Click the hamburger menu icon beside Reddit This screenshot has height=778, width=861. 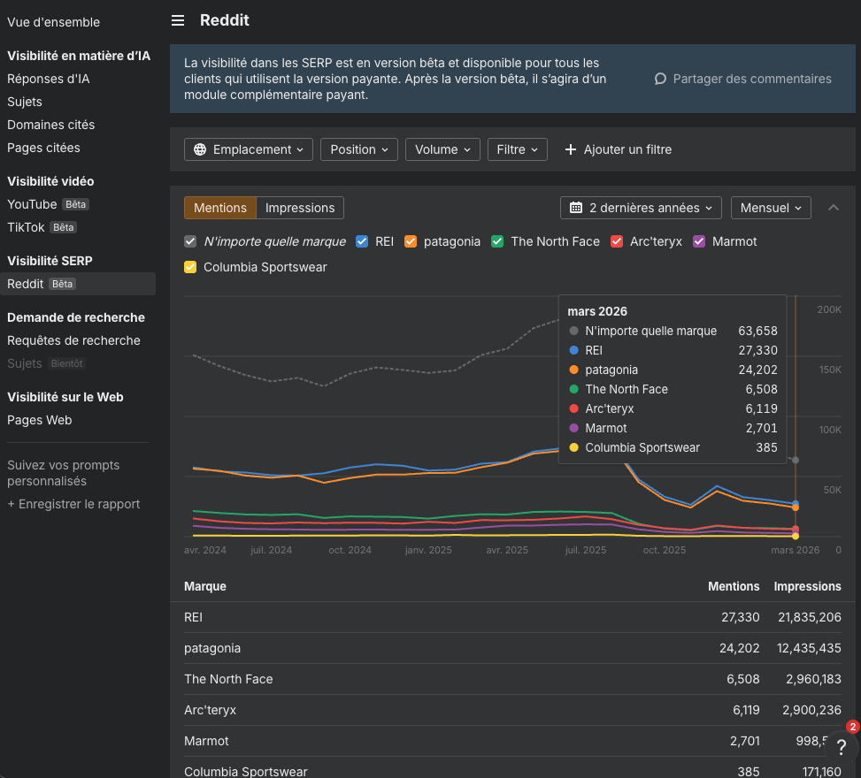pyautogui.click(x=178, y=20)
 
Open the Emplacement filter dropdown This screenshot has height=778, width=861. pyautogui.click(x=249, y=149)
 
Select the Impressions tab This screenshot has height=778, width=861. pyautogui.click(x=300, y=208)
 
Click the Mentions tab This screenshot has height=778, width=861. pyautogui.click(x=220, y=208)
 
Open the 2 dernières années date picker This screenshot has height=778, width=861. pyautogui.click(x=641, y=208)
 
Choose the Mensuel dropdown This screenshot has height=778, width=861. pyautogui.click(x=770, y=208)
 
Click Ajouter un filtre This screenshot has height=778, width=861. pyautogui.click(x=618, y=149)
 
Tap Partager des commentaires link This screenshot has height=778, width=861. pyautogui.click(x=742, y=79)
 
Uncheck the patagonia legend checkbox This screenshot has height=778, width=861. pyautogui.click(x=411, y=241)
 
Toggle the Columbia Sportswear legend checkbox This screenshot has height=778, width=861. pyautogui.click(x=190, y=267)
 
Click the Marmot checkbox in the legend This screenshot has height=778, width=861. pyautogui.click(x=699, y=241)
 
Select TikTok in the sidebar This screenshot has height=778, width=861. pyautogui.click(x=26, y=227)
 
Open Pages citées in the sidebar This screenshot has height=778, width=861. pyautogui.click(x=43, y=148)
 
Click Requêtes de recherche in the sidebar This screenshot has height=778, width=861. pyautogui.click(x=73, y=340)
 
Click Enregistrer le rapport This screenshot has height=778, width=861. pyautogui.click(x=73, y=504)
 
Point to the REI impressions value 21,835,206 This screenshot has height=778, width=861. pyautogui.click(x=807, y=617)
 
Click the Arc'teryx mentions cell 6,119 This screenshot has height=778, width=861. pyautogui.click(x=741, y=710)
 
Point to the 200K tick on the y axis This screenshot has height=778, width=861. pyautogui.click(x=828, y=310)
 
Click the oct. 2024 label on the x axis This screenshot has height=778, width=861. pyautogui.click(x=350, y=550)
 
